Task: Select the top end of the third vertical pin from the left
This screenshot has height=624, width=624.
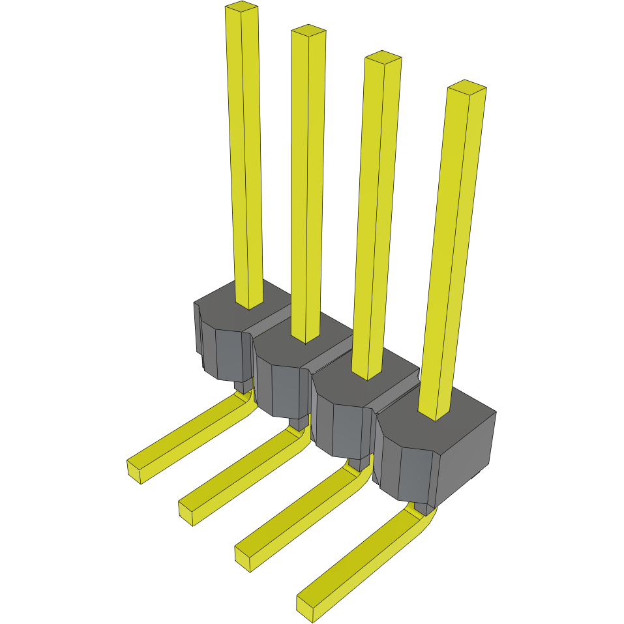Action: (x=383, y=57)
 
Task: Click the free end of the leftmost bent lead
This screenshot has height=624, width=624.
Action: (x=135, y=471)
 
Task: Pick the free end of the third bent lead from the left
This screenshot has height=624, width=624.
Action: (x=243, y=559)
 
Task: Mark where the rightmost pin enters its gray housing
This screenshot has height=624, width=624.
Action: (x=434, y=415)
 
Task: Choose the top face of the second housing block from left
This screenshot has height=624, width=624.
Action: (x=280, y=339)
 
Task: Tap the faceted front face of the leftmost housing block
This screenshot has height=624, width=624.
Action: (x=225, y=355)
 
